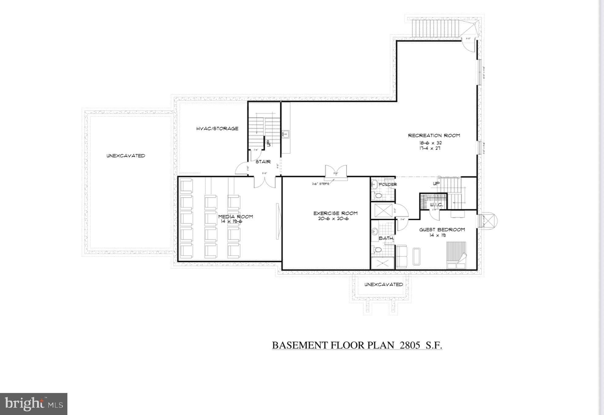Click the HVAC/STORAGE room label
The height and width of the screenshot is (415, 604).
point(217,129)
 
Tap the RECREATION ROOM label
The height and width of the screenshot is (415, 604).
point(434,136)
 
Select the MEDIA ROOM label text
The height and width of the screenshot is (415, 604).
point(236,217)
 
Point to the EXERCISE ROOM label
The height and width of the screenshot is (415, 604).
point(335,213)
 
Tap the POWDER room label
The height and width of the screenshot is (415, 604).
point(388,185)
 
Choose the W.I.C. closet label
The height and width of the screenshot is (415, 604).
point(435,205)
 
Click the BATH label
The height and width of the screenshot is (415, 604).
point(386,238)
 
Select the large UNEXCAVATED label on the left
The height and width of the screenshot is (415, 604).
point(126,156)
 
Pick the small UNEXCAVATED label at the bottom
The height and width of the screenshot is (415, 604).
point(383,285)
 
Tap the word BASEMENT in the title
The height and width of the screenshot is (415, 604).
point(300,345)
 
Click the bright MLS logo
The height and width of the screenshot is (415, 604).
point(34,404)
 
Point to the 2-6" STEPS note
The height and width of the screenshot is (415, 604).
point(320,184)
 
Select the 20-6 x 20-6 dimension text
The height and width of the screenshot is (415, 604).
point(335,219)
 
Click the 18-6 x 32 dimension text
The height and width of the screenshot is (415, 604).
point(430,143)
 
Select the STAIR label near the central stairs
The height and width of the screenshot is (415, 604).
point(263,162)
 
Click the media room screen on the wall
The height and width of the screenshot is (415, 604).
point(278,221)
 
